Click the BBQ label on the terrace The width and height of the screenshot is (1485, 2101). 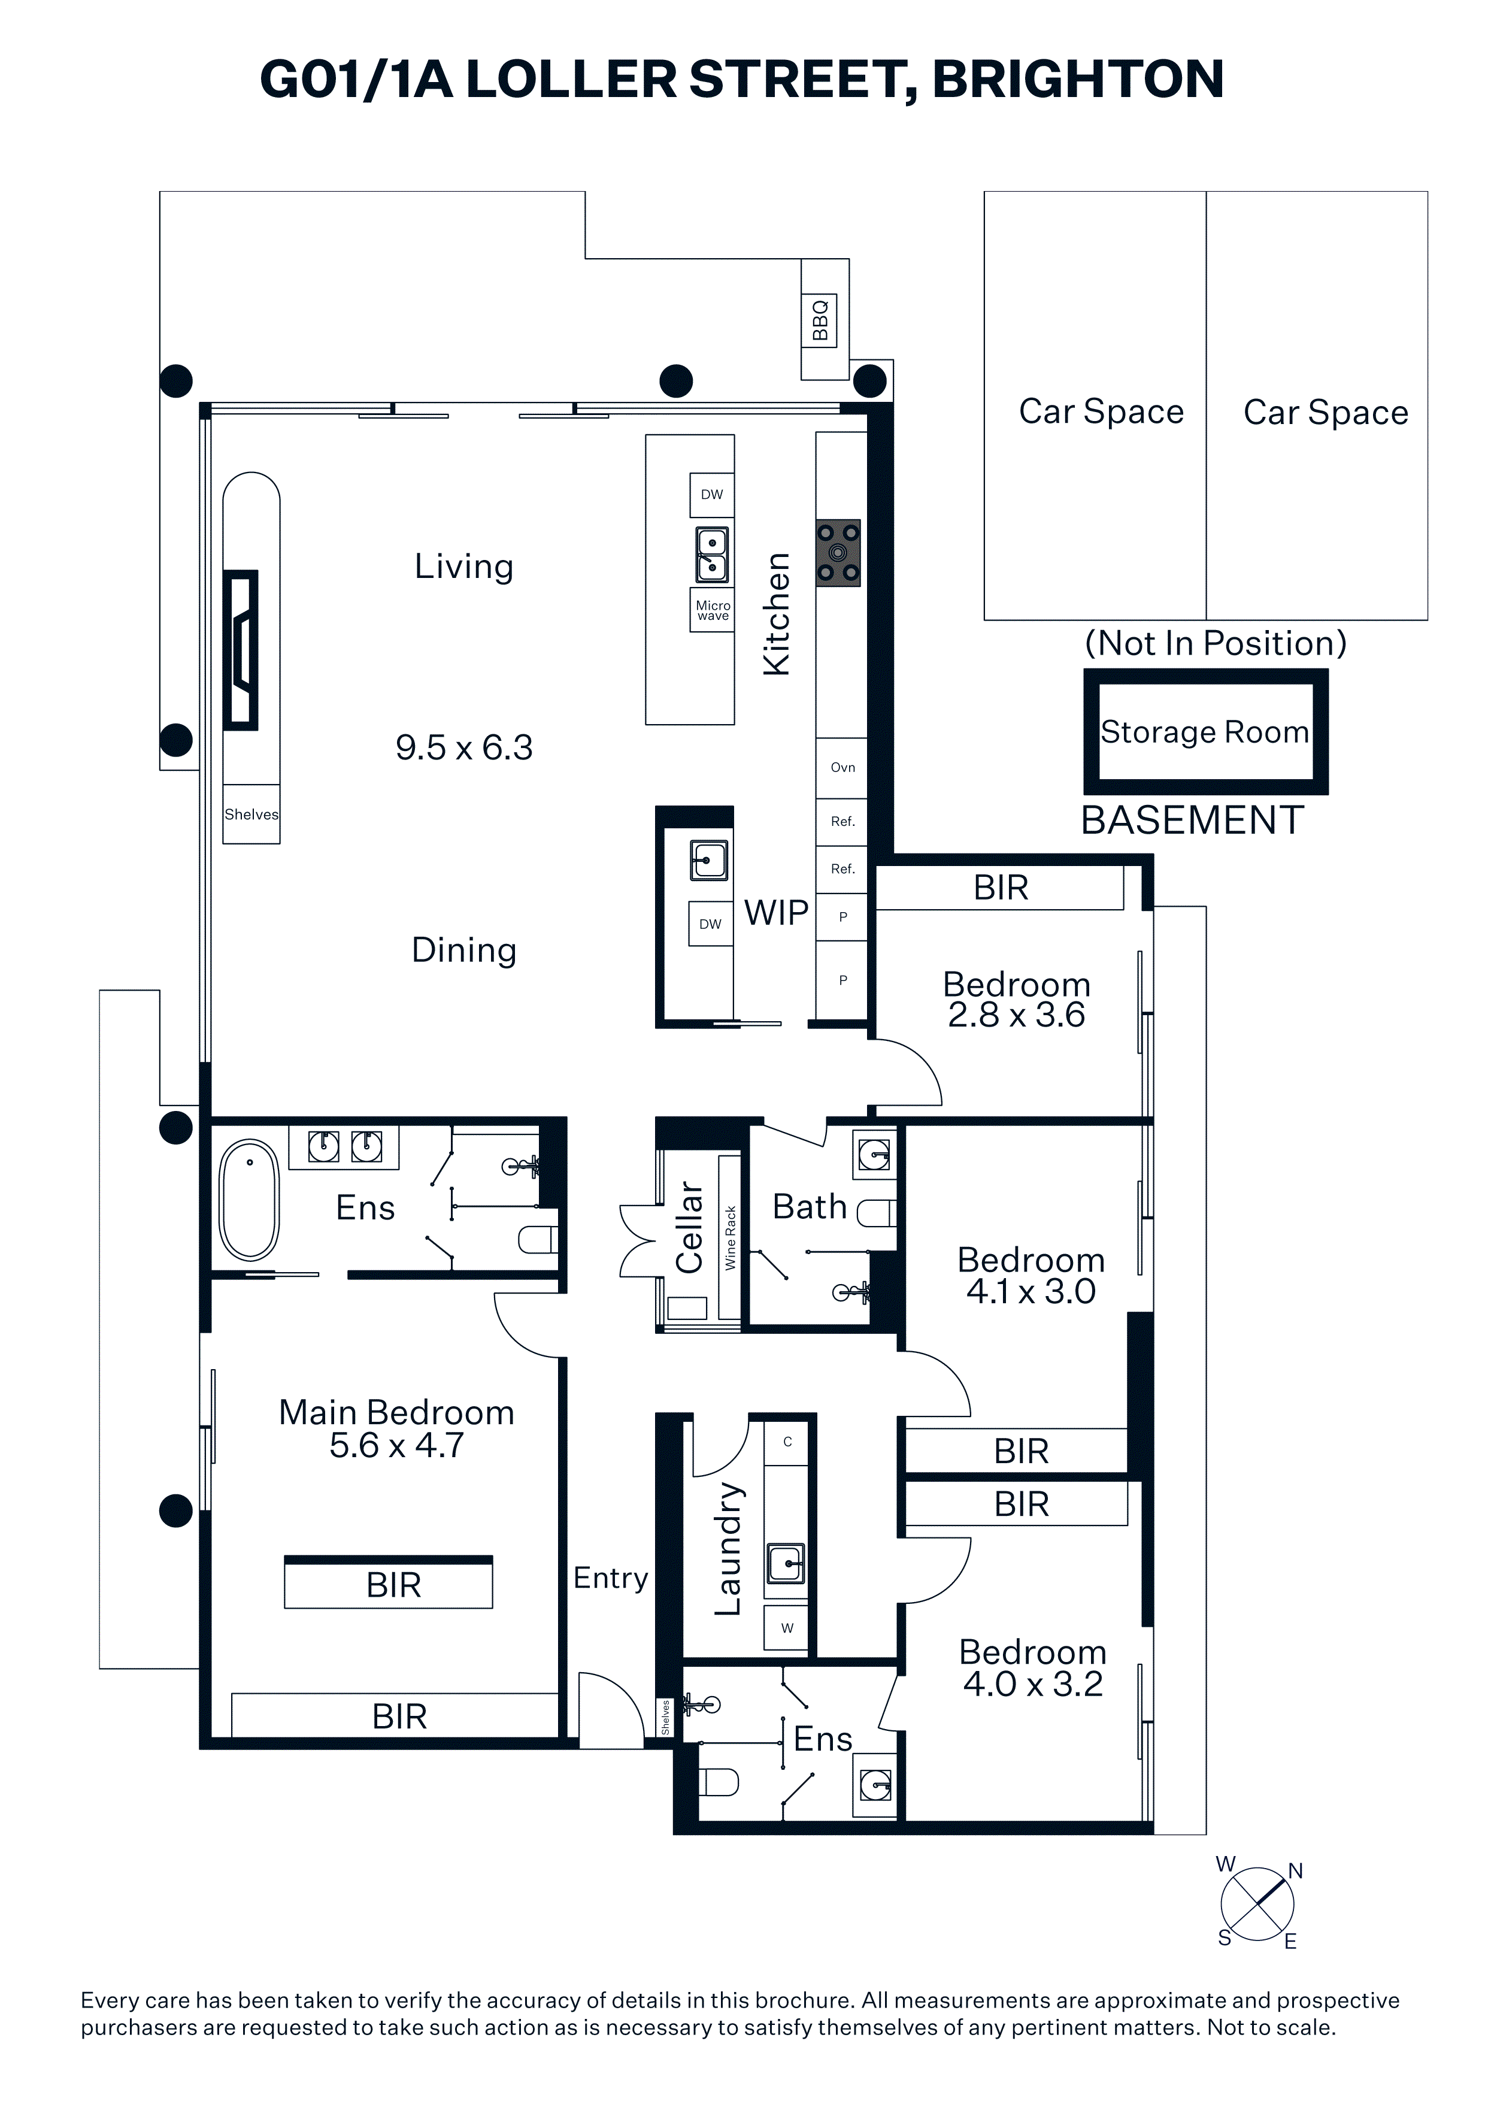coord(820,319)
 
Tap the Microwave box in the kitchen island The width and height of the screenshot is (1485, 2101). coord(712,610)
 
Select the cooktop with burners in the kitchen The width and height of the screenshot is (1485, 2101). coord(838,553)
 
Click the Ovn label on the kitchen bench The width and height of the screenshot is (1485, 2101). coord(842,767)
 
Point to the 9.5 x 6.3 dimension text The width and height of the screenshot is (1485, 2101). coord(464,747)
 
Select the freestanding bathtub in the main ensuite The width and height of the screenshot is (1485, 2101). coord(250,1200)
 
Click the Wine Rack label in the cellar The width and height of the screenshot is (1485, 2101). coord(730,1237)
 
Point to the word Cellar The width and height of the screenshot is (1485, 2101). coord(689,1227)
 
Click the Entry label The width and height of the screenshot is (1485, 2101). coord(610,1578)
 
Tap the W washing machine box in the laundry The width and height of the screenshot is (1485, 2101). coord(787,1628)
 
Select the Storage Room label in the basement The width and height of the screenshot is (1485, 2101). coord(1204,732)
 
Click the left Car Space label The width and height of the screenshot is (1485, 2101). coord(1102,412)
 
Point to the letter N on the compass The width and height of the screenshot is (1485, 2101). coord(1296,1872)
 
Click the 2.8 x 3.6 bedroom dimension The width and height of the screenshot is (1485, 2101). coord(1017,1015)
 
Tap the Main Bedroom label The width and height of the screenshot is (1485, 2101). coord(396,1412)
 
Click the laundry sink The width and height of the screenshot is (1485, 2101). coord(786,1563)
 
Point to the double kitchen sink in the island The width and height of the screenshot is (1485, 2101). coord(712,555)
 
